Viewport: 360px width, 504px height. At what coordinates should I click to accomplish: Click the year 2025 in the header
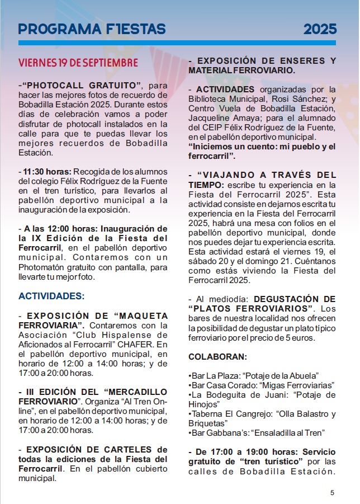[320, 29]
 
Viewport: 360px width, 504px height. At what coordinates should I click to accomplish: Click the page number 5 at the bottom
[332, 492]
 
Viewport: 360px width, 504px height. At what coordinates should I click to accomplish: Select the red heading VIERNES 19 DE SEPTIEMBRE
[78, 62]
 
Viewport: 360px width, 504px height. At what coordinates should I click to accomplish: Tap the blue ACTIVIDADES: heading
[51, 295]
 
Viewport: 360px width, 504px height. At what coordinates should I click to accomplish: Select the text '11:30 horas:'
[40, 171]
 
